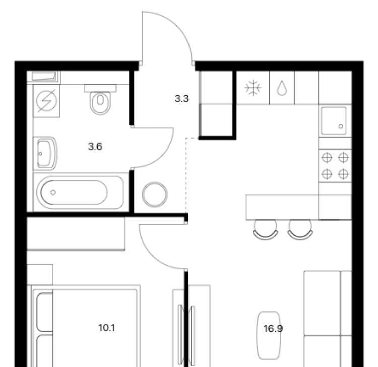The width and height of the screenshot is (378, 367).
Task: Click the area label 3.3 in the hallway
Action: [182, 99]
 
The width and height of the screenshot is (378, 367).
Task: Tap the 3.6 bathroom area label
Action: [95, 146]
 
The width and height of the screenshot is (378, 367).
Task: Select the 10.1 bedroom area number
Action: [106, 328]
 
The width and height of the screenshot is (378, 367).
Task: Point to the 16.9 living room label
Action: [273, 328]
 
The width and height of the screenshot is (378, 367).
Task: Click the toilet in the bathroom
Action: [100, 99]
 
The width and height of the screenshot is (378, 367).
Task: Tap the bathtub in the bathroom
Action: [80, 192]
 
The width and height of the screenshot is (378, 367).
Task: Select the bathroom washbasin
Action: [47, 153]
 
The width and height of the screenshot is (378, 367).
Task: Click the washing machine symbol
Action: [46, 101]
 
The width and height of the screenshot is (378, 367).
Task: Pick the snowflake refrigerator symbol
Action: [253, 88]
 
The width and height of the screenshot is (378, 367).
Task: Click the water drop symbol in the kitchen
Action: [282, 88]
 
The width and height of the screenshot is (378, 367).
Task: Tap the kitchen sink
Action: [334, 121]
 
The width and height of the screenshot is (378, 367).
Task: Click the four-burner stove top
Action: [335, 166]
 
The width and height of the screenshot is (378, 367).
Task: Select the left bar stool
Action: [265, 230]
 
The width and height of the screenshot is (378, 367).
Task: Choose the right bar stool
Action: [300, 230]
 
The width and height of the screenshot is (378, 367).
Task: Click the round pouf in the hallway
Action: [155, 195]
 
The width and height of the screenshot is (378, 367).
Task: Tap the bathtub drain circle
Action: [53, 192]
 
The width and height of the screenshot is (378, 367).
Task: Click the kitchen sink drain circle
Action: [341, 126]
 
